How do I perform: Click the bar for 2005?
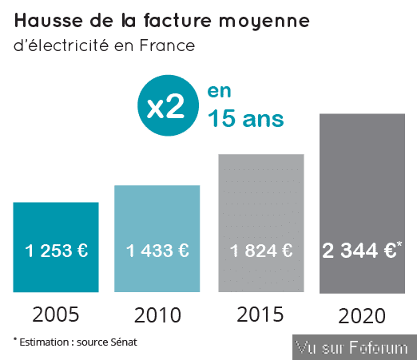[x=56, y=247]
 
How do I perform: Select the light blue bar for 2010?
[x=157, y=239]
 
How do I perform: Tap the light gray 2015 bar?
[x=261, y=223]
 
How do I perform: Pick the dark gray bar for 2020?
[x=362, y=204]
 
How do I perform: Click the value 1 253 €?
[x=56, y=251]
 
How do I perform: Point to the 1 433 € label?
[x=157, y=251]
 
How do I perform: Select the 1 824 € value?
[x=261, y=251]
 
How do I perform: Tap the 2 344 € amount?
[x=359, y=251]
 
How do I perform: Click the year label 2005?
[x=56, y=315]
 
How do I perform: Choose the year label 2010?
[x=157, y=315]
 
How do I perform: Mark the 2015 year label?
[x=260, y=315]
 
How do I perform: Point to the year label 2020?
[x=362, y=316]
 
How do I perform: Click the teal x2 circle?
[x=168, y=105]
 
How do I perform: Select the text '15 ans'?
[x=246, y=118]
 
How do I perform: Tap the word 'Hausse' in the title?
[x=49, y=21]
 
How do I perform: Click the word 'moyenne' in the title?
[x=264, y=22]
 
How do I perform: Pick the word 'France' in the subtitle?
[x=168, y=45]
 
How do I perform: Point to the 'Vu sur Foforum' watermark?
[x=351, y=347]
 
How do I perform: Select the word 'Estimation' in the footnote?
[x=44, y=342]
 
